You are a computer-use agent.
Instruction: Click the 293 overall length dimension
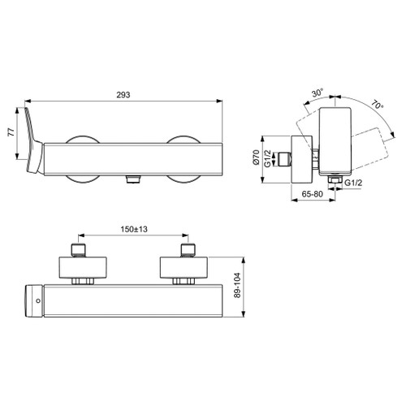[x=123, y=94]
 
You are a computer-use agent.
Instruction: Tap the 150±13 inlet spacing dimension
[x=133, y=231]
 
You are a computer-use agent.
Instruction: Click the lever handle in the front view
[x=35, y=142]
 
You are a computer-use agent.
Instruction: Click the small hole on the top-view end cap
[x=38, y=301]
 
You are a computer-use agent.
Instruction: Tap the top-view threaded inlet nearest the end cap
[x=79, y=248]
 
